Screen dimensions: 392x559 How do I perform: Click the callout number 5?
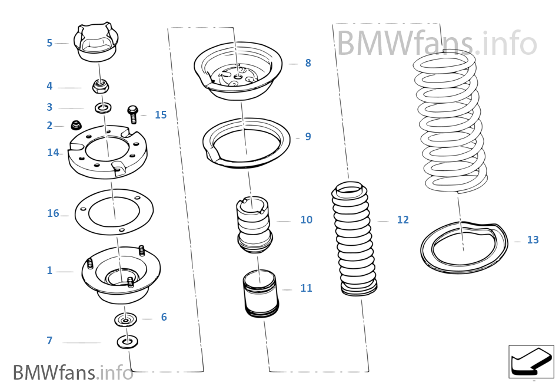(49, 43)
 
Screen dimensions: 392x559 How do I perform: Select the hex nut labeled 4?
(101, 88)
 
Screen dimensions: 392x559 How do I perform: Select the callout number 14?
(53, 153)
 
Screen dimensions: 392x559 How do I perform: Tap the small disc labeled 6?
(125, 319)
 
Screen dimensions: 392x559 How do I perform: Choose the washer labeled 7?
(127, 341)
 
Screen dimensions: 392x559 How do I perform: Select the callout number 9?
(308, 137)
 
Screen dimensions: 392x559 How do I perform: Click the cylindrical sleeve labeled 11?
(260, 292)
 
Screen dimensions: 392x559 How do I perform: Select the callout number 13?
(533, 240)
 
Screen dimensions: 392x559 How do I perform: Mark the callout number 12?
(402, 220)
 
